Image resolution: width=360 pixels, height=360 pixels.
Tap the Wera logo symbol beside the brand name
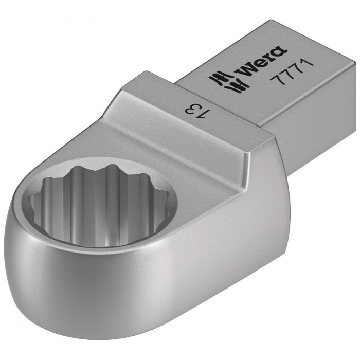pyautogui.click(x=223, y=81)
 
